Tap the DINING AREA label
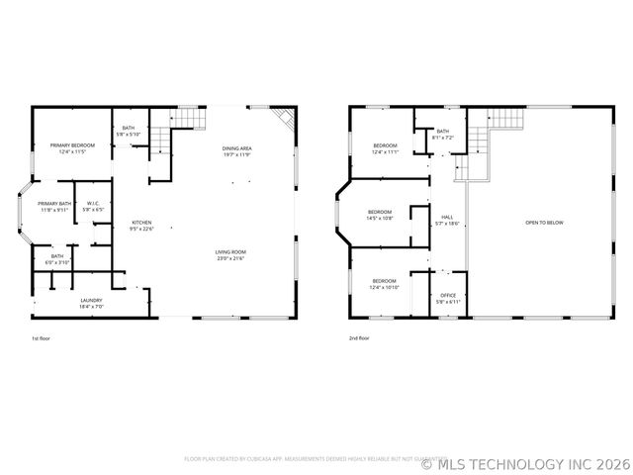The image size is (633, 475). (237, 148)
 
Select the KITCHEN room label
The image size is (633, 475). (142, 223)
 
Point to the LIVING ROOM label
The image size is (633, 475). (230, 252)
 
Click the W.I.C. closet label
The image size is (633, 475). (93, 204)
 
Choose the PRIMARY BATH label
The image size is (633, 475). (55, 204)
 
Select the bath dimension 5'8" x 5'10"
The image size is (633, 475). (129, 134)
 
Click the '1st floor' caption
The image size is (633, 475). (41, 337)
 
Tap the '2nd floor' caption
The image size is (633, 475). (358, 337)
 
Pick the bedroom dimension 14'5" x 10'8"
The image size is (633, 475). (381, 217)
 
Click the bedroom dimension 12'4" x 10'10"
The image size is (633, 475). (385, 287)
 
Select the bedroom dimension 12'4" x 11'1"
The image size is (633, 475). (385, 152)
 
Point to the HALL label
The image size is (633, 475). (446, 218)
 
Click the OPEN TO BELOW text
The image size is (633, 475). (544, 223)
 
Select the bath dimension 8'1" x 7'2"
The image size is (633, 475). (442, 138)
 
